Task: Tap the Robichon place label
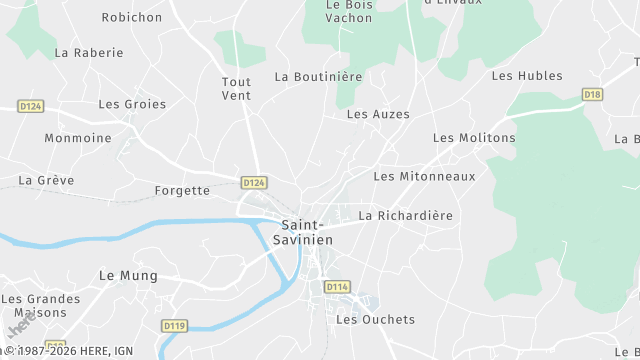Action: (132, 17)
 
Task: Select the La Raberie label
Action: (89, 52)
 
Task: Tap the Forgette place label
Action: (182, 190)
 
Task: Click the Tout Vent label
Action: (237, 88)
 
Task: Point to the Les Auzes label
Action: (378, 114)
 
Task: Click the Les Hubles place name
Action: (527, 76)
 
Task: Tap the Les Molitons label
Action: (474, 137)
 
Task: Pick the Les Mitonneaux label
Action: (424, 176)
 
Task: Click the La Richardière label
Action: (405, 215)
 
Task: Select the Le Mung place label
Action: (121, 274)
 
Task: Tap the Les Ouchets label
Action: (375, 320)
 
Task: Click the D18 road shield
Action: (593, 95)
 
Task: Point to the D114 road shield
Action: (337, 287)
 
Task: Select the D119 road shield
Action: (174, 325)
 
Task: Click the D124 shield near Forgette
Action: (254, 182)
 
